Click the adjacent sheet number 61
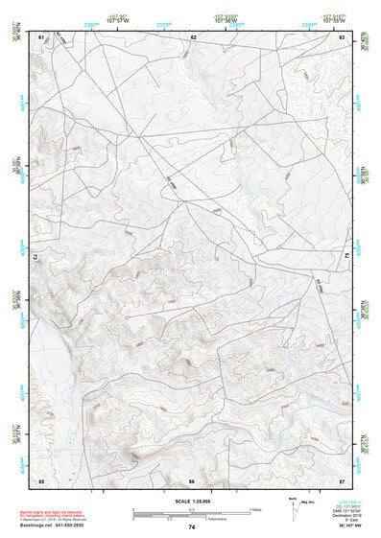(41, 36)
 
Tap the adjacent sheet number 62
(193, 36)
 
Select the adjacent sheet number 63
(343, 36)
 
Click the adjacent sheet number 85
(41, 478)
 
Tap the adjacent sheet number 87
(343, 478)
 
